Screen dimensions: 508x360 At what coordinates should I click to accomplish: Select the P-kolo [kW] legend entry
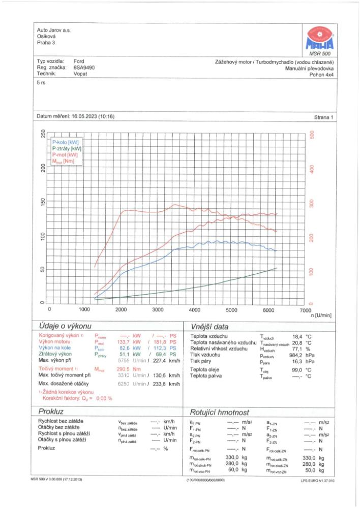click(x=65, y=143)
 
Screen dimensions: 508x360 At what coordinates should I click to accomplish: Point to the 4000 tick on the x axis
click(x=195, y=309)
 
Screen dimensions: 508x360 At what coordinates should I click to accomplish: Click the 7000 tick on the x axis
click(x=305, y=309)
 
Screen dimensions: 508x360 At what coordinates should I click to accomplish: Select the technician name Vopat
click(x=81, y=74)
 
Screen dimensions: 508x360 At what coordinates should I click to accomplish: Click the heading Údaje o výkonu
click(x=62, y=326)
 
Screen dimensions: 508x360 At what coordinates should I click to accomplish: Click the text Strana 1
click(x=323, y=117)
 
